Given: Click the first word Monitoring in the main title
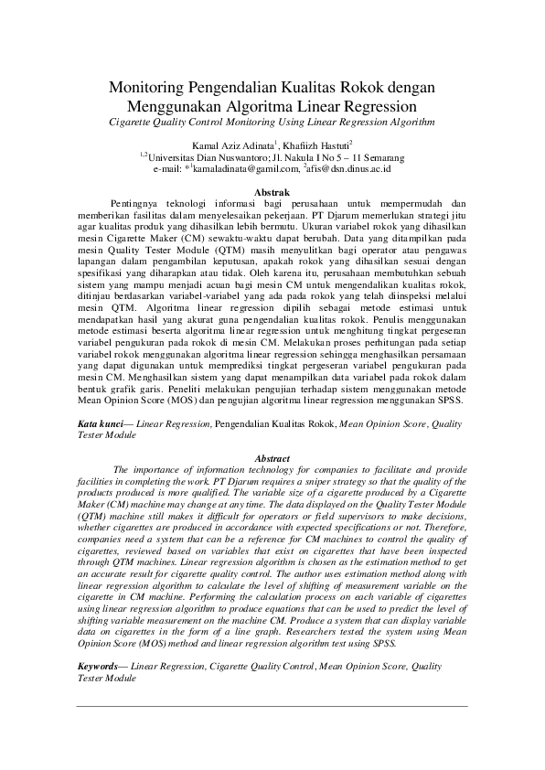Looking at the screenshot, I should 147,88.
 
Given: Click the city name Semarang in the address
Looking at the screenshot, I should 379,156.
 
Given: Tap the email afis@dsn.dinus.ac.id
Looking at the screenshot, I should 350,167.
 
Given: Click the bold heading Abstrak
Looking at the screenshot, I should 272,190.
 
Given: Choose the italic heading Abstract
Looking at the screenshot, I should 272,457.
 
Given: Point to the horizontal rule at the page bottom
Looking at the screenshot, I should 272,705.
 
